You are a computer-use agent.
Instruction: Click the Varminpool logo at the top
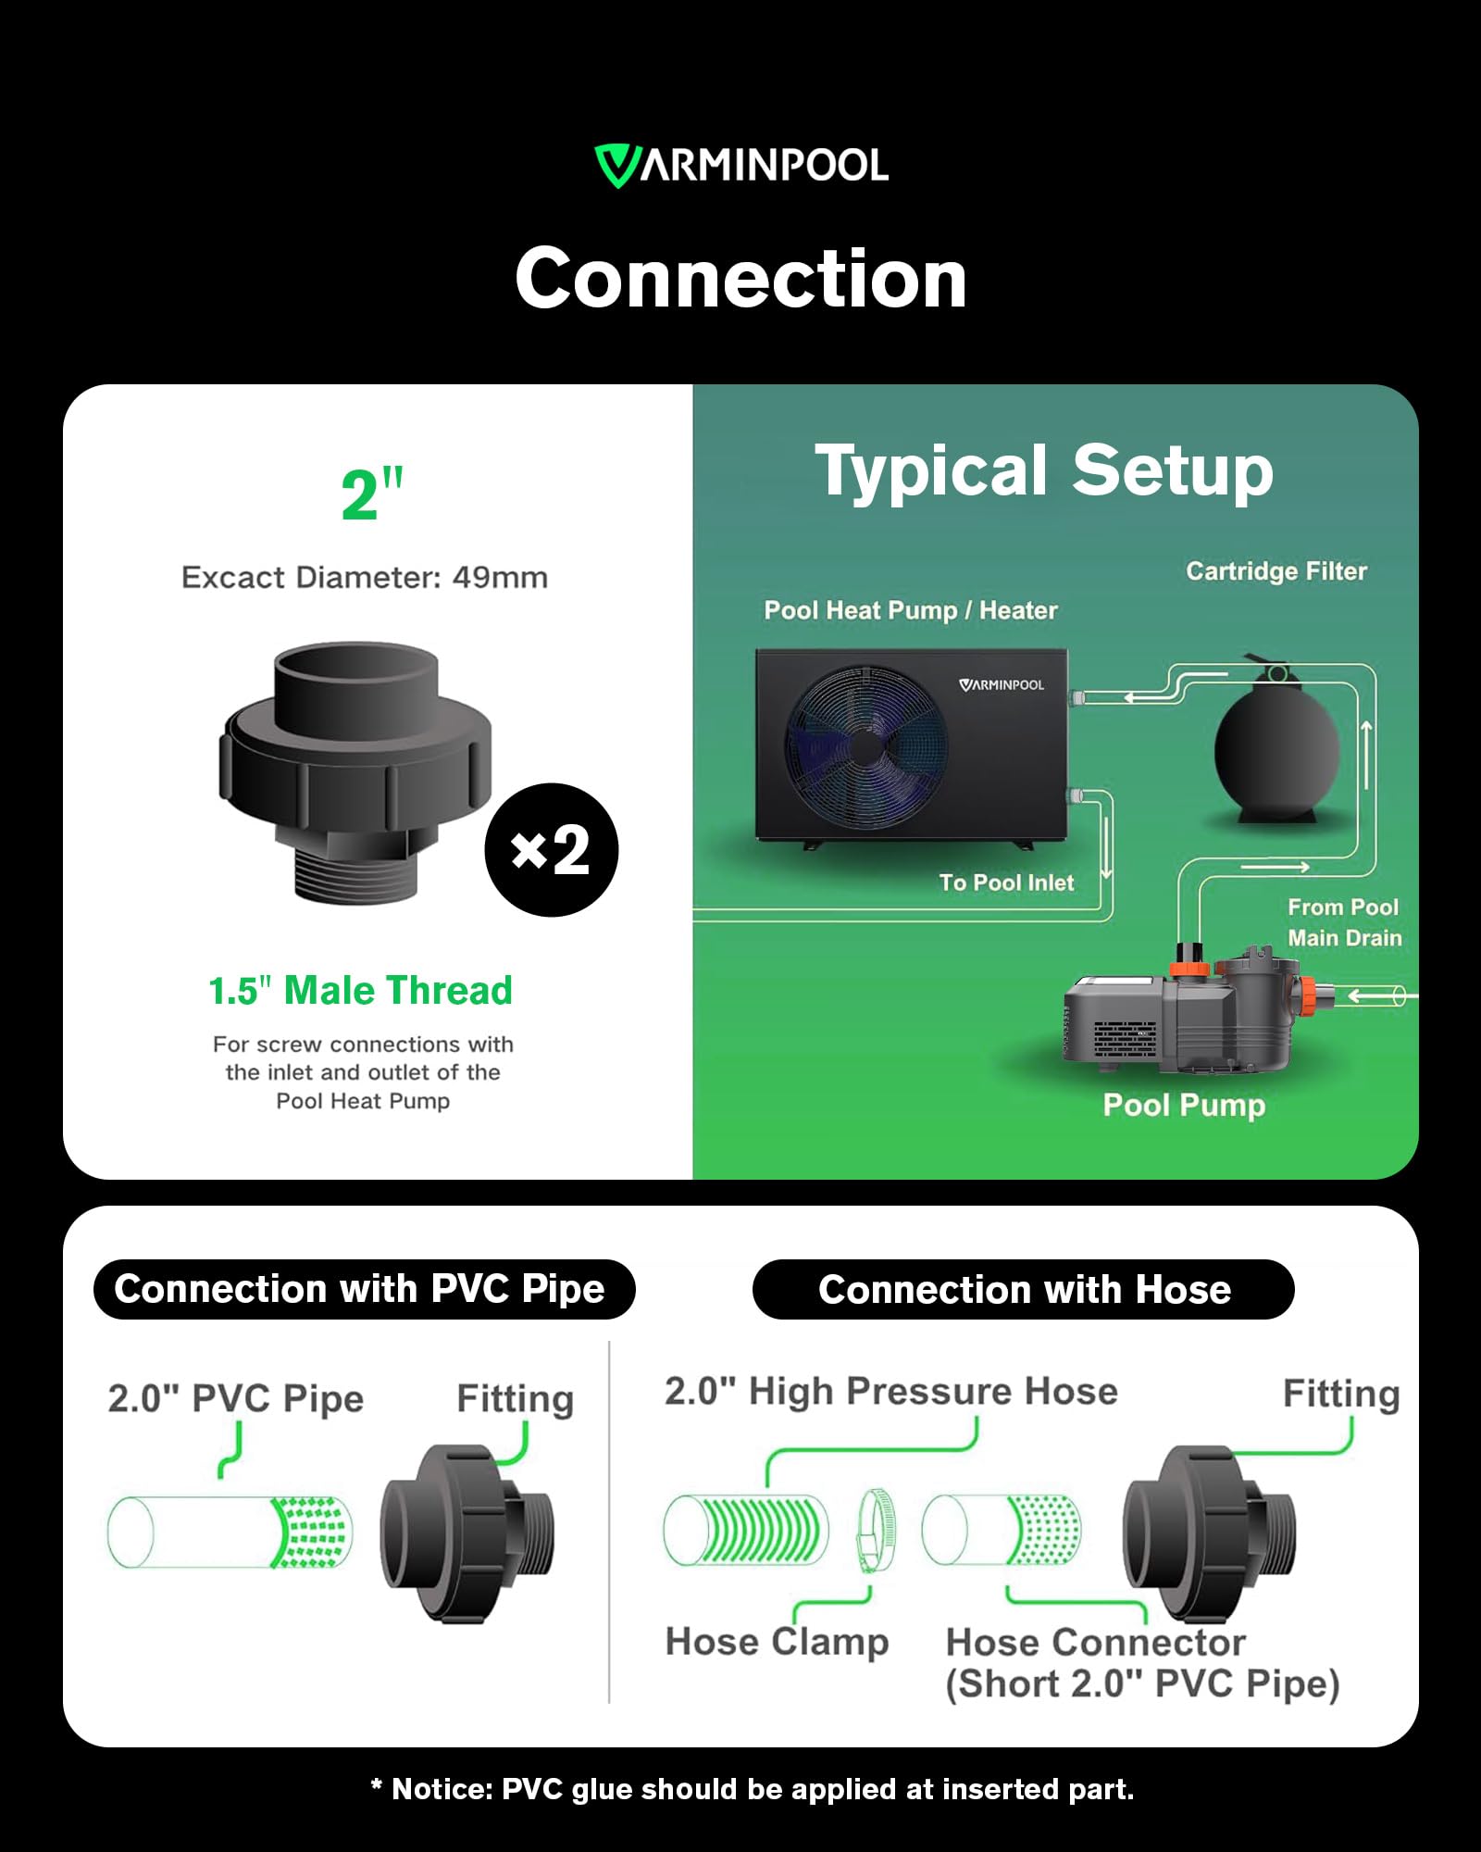point(741,166)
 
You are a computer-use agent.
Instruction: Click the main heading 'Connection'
point(741,279)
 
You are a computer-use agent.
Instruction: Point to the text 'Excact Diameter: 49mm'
point(365,578)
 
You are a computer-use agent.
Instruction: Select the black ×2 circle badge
point(552,850)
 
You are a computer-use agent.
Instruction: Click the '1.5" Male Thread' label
point(360,991)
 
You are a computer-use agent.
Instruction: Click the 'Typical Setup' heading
point(1044,470)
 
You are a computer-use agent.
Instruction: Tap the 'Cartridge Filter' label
point(1276,571)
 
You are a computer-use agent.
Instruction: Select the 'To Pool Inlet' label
point(1007,882)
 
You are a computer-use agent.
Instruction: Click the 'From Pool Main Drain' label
point(1344,922)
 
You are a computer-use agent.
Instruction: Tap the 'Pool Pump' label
point(1184,1106)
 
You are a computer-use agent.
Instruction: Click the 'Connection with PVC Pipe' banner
point(365,1289)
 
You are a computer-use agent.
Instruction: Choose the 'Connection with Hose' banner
point(1024,1289)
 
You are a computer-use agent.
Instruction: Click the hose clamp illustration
point(873,1531)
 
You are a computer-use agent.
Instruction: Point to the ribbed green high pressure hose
point(746,1531)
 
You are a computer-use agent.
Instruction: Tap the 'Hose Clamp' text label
point(778,1642)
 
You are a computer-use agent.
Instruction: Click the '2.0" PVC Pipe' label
point(236,1398)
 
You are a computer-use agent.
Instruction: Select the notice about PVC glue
point(752,1789)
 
